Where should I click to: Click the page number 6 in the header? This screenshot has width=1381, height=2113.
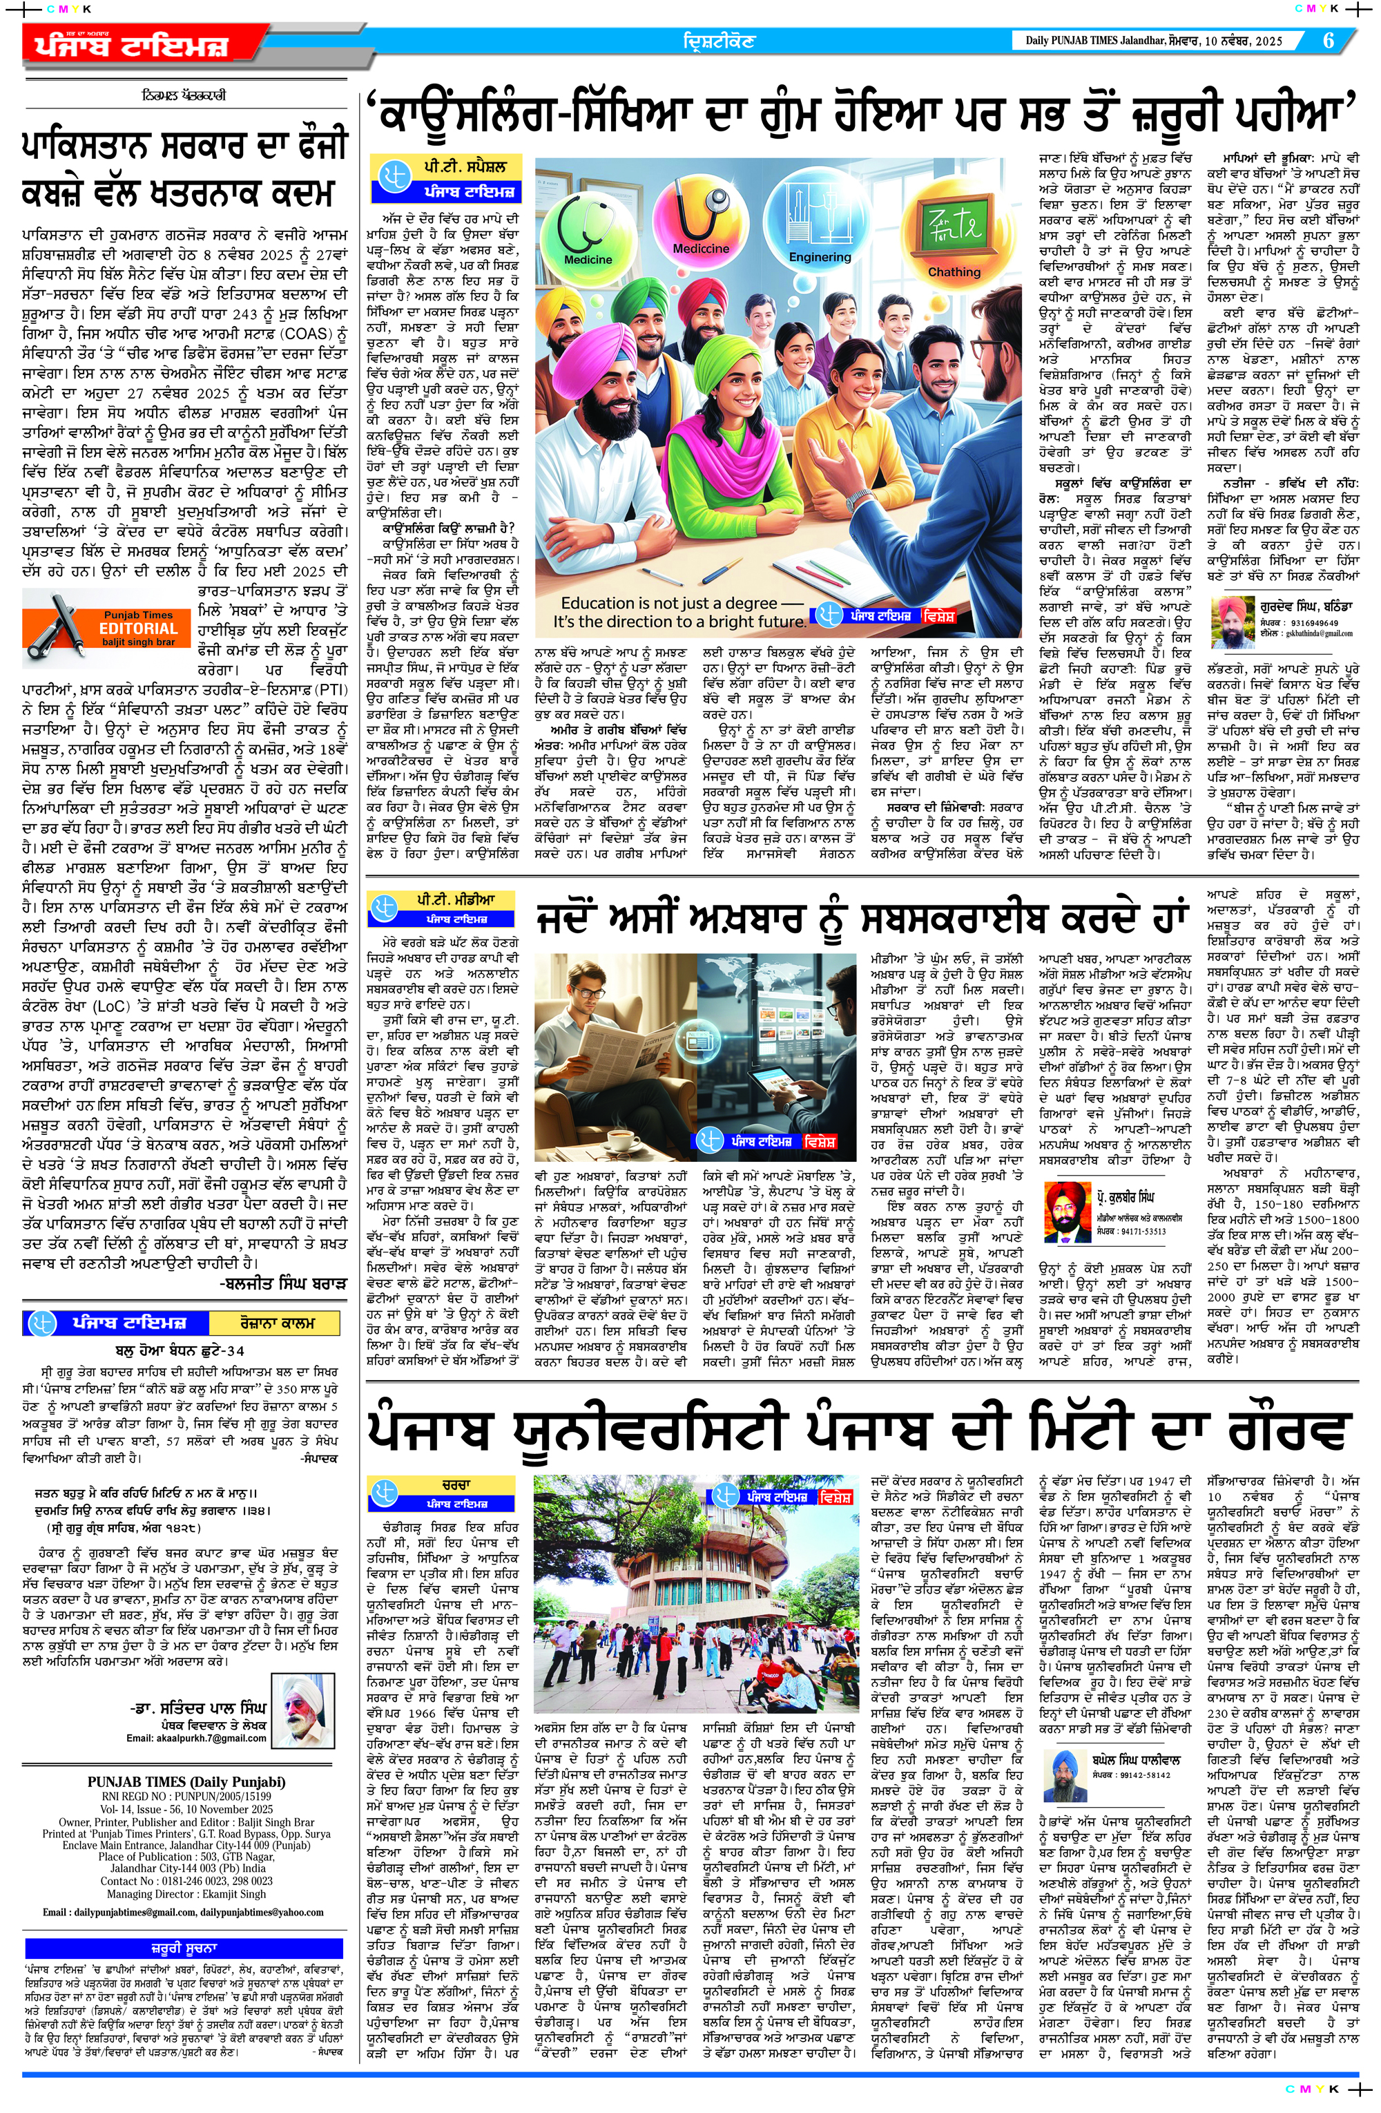click(1328, 41)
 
